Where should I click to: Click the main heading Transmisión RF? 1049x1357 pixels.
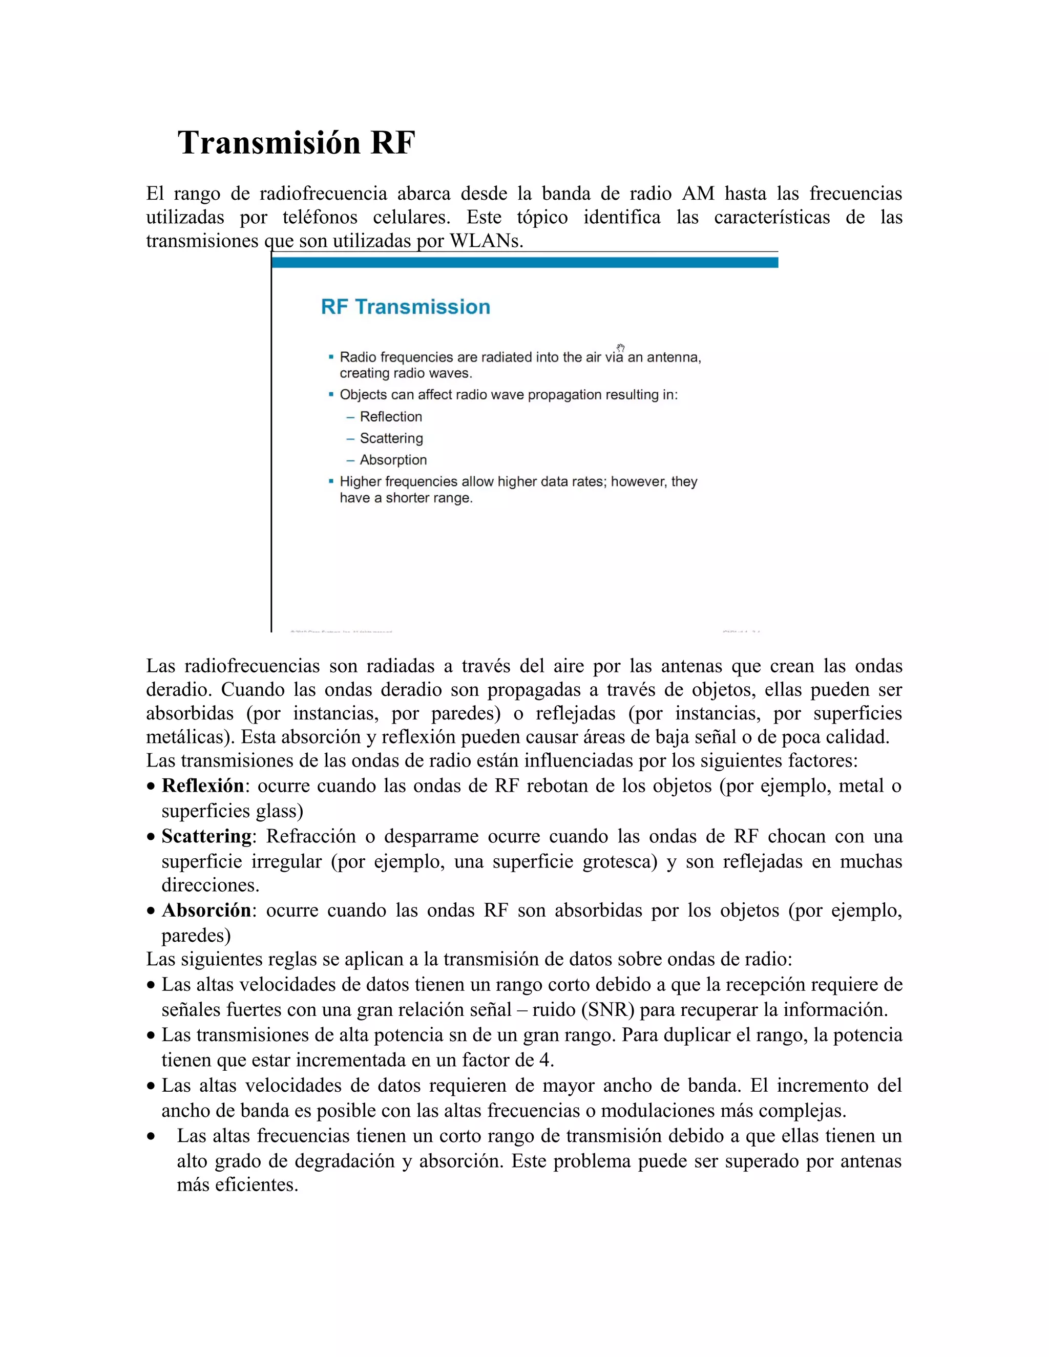click(x=296, y=143)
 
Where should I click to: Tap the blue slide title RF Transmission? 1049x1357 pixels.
click(x=405, y=307)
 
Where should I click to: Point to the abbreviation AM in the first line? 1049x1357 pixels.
click(x=698, y=194)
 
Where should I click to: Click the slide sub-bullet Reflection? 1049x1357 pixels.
click(x=390, y=417)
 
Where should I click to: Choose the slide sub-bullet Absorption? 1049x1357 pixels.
click(x=393, y=460)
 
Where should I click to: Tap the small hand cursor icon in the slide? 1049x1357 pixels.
click(x=620, y=348)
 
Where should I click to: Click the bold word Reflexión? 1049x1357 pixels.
click(x=203, y=786)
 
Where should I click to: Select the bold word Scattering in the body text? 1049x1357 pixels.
click(x=206, y=836)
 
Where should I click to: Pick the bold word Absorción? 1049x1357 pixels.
click(x=206, y=910)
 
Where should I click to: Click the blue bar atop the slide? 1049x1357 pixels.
click(x=524, y=263)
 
